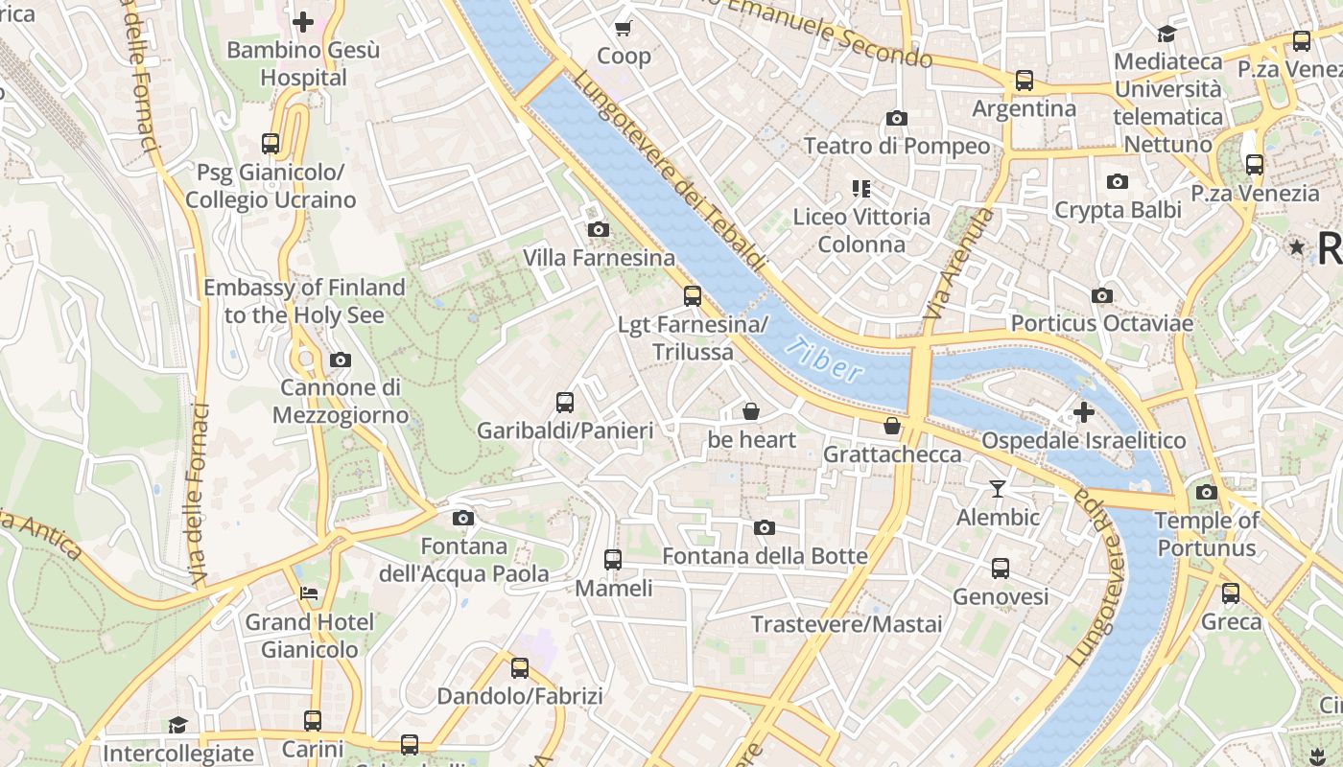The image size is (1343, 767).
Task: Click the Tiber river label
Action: tap(823, 359)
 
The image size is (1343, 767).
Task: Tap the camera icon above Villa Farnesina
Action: tap(599, 230)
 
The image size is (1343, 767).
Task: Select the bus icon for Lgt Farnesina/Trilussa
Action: tap(693, 296)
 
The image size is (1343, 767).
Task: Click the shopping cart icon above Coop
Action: tap(624, 28)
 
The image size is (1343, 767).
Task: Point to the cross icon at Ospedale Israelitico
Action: tap(1084, 413)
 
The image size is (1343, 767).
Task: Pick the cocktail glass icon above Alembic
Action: tap(998, 489)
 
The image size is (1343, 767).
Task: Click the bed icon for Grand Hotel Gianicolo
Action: tap(309, 593)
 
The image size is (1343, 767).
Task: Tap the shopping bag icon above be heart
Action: tap(751, 412)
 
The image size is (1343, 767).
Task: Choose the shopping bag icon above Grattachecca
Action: tap(892, 426)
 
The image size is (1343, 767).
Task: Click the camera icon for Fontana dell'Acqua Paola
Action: tap(463, 519)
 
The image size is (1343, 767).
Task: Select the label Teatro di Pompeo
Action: tap(897, 146)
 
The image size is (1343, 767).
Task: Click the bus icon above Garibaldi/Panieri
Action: tap(565, 403)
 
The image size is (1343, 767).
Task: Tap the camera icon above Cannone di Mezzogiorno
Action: tap(340, 360)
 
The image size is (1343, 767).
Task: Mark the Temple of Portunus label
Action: tap(1206, 534)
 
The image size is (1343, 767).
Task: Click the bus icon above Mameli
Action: tap(613, 560)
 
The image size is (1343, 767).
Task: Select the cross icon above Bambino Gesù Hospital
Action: tap(303, 22)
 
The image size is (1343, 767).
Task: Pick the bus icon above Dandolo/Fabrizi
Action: tap(520, 668)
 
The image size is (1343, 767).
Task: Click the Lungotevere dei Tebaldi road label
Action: tap(671, 173)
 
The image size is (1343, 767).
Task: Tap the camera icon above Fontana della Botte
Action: tap(765, 528)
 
